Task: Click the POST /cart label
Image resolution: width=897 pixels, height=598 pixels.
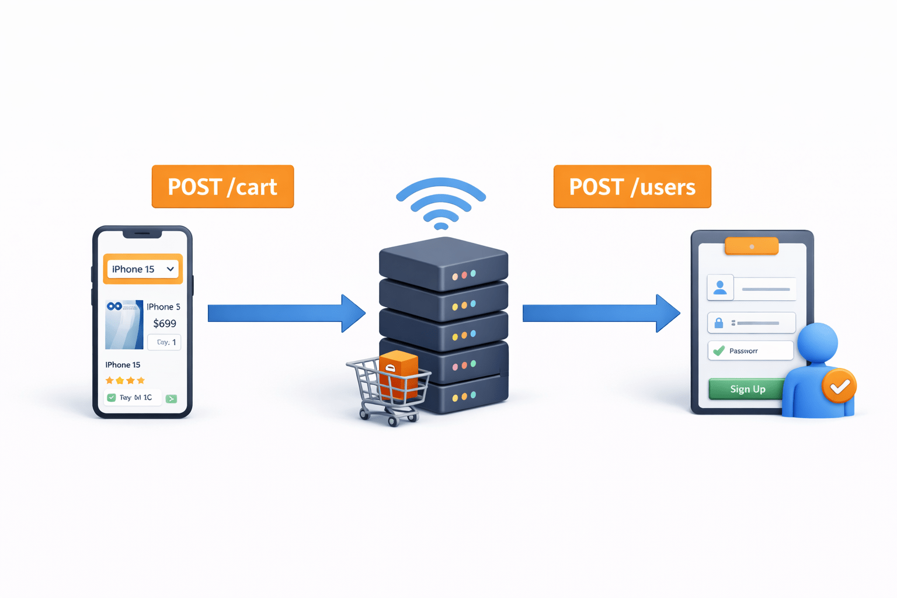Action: tap(222, 186)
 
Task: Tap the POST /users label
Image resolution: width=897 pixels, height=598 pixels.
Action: tap(632, 186)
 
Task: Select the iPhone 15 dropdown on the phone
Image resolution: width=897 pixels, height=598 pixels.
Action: tap(142, 269)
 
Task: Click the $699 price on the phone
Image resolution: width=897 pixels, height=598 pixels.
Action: tap(164, 324)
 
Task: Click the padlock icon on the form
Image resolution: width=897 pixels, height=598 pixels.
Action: tap(719, 323)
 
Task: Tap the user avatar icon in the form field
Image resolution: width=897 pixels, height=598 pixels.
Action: tap(720, 288)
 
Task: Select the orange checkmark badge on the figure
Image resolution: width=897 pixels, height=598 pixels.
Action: tap(839, 386)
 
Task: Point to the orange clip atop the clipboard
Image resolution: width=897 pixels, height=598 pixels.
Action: tap(751, 246)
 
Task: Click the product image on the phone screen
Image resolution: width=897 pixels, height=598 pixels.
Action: tap(124, 325)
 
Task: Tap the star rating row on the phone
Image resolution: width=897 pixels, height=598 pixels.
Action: tap(125, 381)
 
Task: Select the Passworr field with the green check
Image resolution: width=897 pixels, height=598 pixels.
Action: tap(750, 351)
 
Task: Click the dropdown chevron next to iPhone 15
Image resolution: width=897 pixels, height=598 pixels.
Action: tap(170, 269)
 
